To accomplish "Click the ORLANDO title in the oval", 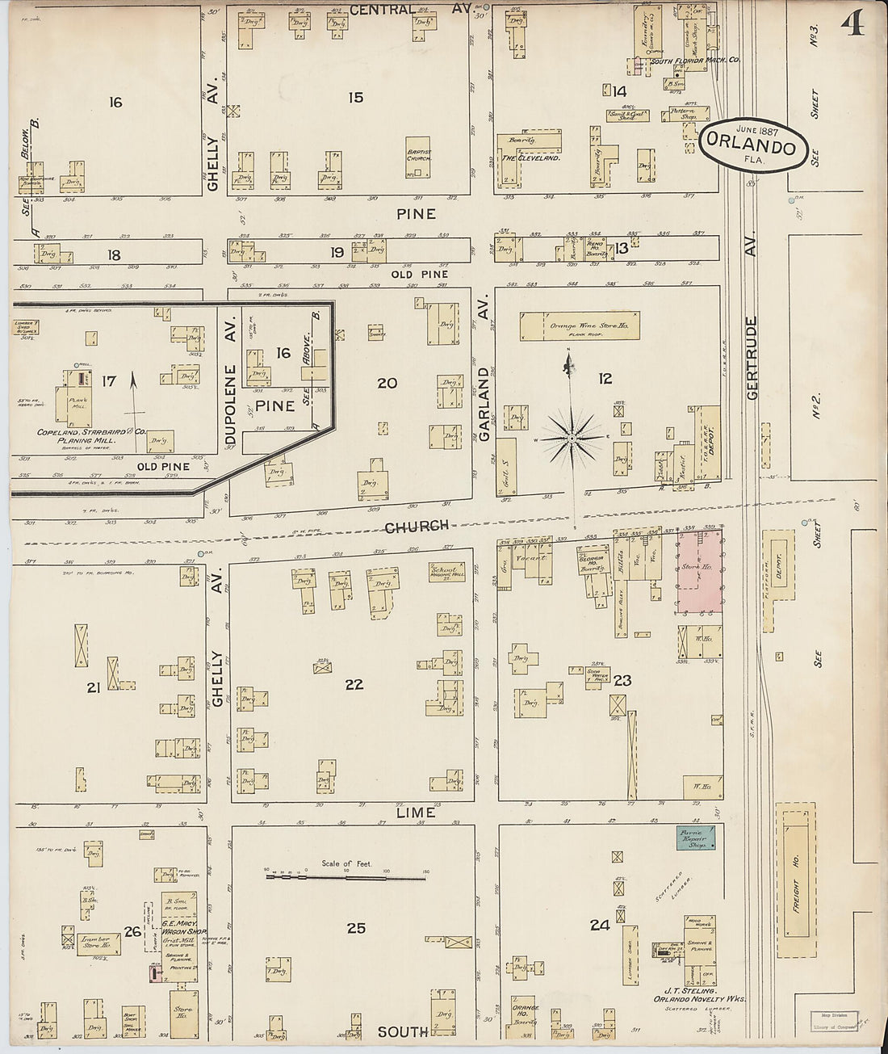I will (x=754, y=145).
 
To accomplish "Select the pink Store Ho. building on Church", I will (x=698, y=576).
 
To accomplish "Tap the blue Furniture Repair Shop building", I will (x=697, y=837).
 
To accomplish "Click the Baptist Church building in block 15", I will (x=418, y=153).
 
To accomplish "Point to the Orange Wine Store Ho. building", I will (x=580, y=328).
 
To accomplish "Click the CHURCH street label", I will (x=416, y=526).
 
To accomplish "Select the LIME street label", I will (x=416, y=813).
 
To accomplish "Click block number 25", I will (x=356, y=928).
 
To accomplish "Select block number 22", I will (x=354, y=684).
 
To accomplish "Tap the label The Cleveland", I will (x=530, y=158).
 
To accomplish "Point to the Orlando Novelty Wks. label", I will (x=699, y=998).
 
